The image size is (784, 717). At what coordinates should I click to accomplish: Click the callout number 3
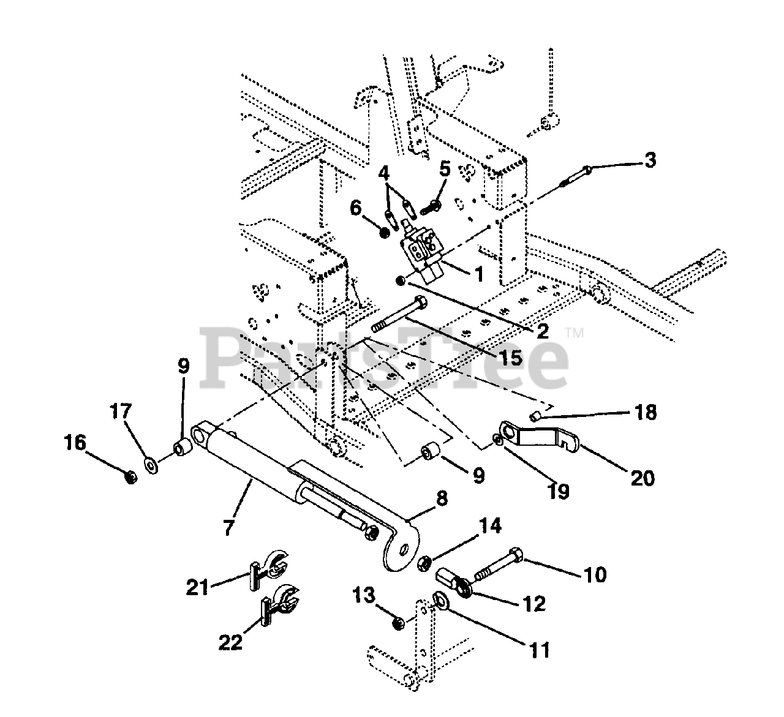tap(650, 160)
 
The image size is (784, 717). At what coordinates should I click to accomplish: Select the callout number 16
tap(75, 443)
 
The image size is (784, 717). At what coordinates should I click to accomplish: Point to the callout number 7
tap(228, 527)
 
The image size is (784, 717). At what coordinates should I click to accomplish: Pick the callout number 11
tap(540, 650)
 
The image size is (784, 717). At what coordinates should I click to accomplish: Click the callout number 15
tap(511, 357)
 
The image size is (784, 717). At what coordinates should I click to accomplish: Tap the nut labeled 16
tap(132, 478)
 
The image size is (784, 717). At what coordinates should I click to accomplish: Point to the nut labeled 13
tap(398, 625)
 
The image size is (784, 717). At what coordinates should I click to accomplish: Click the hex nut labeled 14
tap(424, 563)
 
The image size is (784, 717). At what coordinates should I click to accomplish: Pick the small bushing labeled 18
tap(536, 417)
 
